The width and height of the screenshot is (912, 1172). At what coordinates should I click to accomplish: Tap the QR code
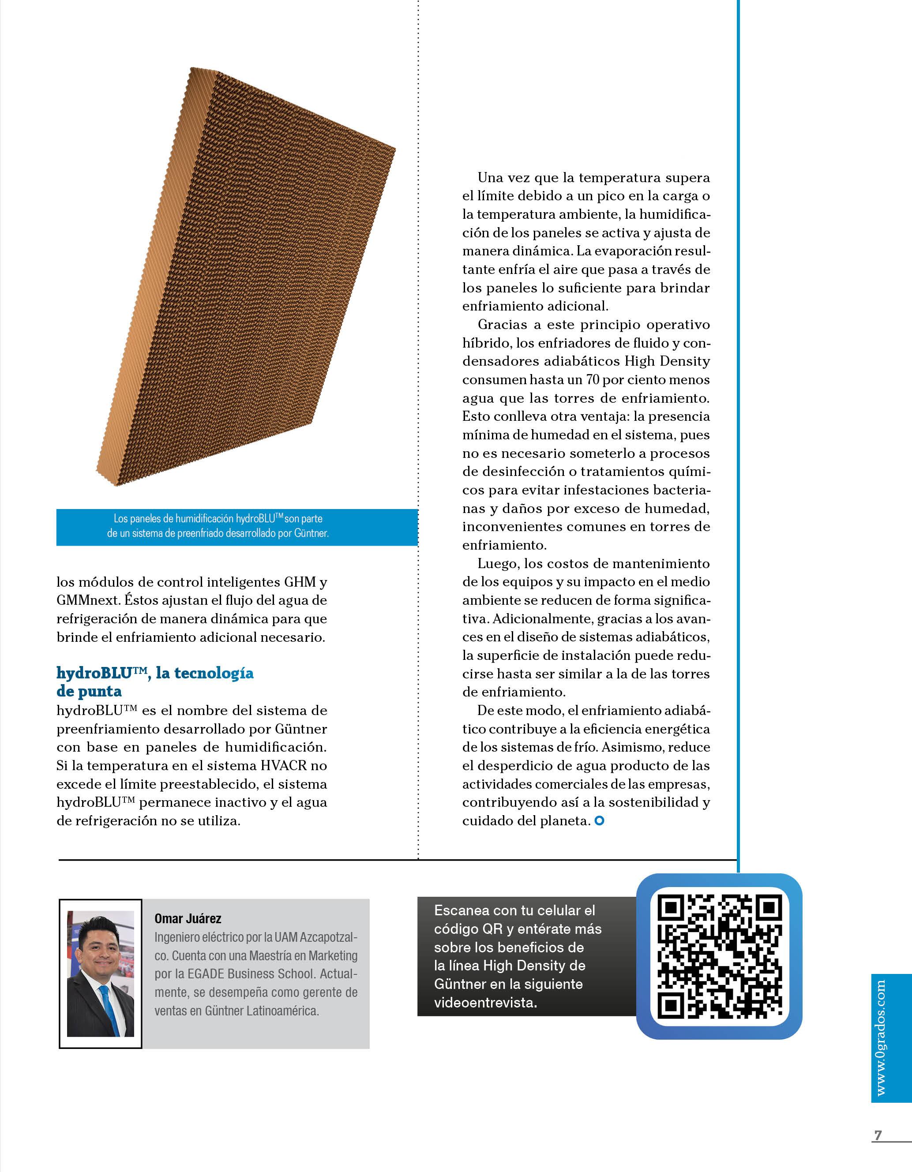(x=719, y=956)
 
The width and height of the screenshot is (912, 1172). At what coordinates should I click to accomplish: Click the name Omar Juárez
(x=188, y=919)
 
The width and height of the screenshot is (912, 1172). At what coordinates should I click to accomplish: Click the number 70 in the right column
(x=592, y=380)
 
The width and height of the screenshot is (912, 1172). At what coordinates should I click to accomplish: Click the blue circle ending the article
(x=600, y=820)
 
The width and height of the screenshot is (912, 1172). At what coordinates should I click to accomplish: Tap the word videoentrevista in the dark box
(x=485, y=1003)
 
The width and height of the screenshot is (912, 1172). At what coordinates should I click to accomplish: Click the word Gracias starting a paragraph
(x=503, y=325)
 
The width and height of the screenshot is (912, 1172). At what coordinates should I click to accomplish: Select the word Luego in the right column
(x=498, y=563)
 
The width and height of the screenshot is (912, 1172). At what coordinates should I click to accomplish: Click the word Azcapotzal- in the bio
(x=329, y=937)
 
